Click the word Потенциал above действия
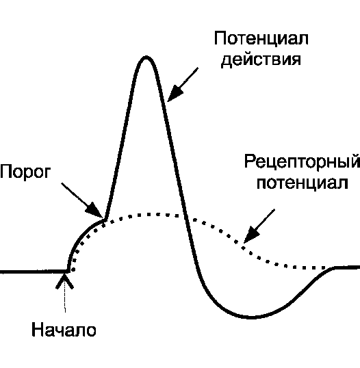pyautogui.click(x=261, y=38)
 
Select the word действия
pyautogui.click(x=261, y=60)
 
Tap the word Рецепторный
pyautogui.click(x=302, y=161)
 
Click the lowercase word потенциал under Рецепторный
pyautogui.click(x=303, y=183)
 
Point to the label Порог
pyautogui.click(x=25, y=172)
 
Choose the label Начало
pyautogui.click(x=64, y=330)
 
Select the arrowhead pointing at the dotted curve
pyautogui.click(x=250, y=235)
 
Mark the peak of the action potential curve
pyautogui.click(x=146, y=57)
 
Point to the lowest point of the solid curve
pyautogui.click(x=250, y=317)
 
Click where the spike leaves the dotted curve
pyautogui.click(x=105, y=220)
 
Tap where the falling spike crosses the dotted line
pyautogui.click(x=186, y=217)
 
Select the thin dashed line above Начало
pyautogui.click(x=65, y=300)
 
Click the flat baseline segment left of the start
pyautogui.click(x=34, y=272)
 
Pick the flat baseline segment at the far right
pyautogui.click(x=347, y=267)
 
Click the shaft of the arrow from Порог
pyautogui.click(x=75, y=194)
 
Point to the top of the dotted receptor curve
pyautogui.click(x=148, y=214)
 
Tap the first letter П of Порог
pyautogui.click(x=6, y=171)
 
